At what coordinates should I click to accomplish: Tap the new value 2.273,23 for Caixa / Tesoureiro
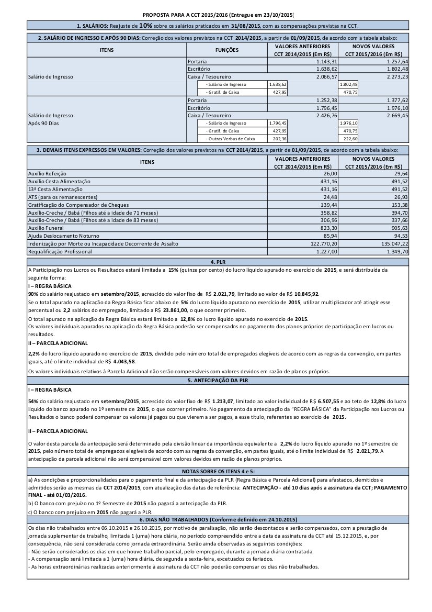point(397,76)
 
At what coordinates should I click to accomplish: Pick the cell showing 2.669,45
point(397,115)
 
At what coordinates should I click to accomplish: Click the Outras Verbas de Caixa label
point(230,139)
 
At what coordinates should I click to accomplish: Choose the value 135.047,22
point(392,244)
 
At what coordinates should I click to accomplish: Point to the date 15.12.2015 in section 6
point(357,537)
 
